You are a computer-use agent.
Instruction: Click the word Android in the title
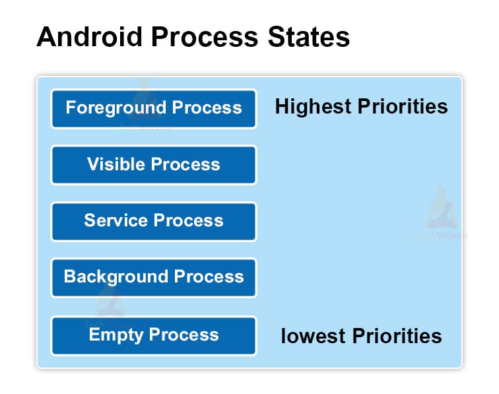[88, 38]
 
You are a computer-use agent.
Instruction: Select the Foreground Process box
[154, 108]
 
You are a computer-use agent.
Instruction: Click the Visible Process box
[154, 165]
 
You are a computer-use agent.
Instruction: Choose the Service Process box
[154, 221]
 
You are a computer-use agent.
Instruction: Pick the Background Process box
[154, 277]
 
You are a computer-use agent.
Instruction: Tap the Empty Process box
[154, 335]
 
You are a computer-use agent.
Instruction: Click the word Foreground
[116, 108]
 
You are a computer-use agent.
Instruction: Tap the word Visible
[116, 164]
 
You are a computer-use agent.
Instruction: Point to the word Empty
[116, 335]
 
